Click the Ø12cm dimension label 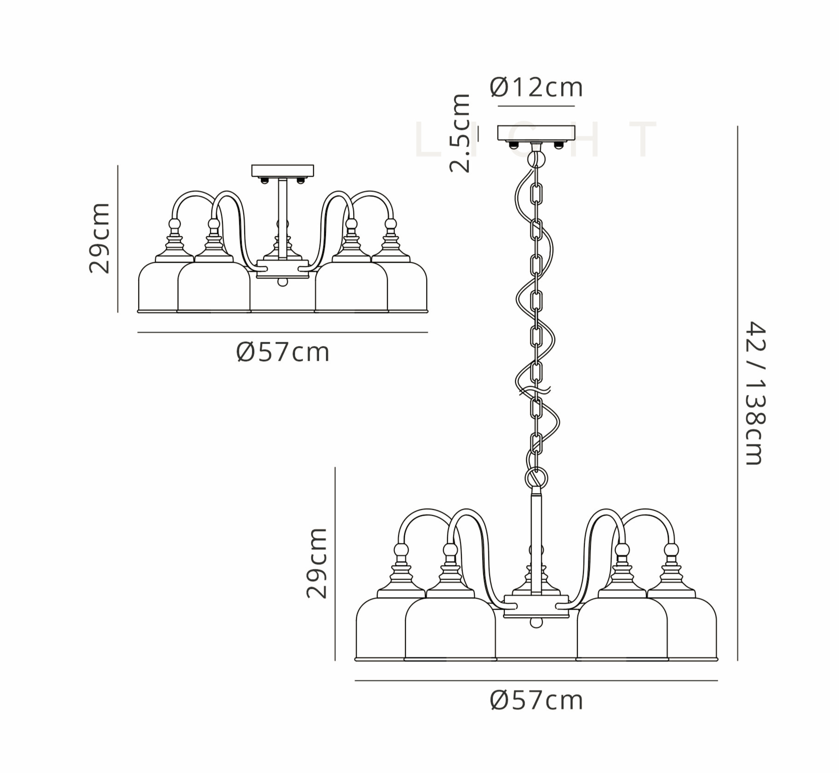[x=536, y=87]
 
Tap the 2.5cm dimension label [x=460, y=133]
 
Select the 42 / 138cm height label [x=756, y=393]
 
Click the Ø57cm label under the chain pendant [x=536, y=700]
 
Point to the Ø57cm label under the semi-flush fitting [x=282, y=352]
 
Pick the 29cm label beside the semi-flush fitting [x=99, y=238]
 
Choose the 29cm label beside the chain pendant [x=317, y=563]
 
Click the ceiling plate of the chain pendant [x=536, y=133]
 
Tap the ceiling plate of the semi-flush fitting [x=282, y=171]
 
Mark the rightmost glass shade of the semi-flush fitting [x=407, y=287]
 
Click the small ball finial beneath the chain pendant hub [x=536, y=623]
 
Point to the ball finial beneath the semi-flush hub [x=282, y=282]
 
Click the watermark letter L [x=428, y=138]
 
